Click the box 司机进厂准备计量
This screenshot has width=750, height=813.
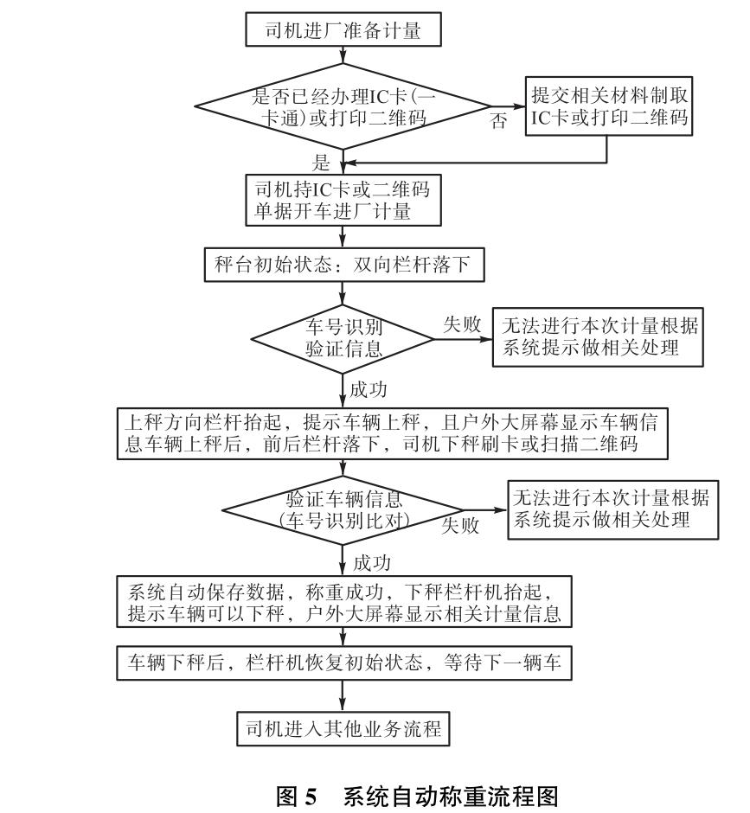[344, 31]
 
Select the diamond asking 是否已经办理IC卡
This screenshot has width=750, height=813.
[344, 107]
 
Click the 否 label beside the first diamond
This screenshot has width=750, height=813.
[499, 122]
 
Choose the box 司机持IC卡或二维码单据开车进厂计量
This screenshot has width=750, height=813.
[344, 198]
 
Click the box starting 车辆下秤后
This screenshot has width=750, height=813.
[344, 663]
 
